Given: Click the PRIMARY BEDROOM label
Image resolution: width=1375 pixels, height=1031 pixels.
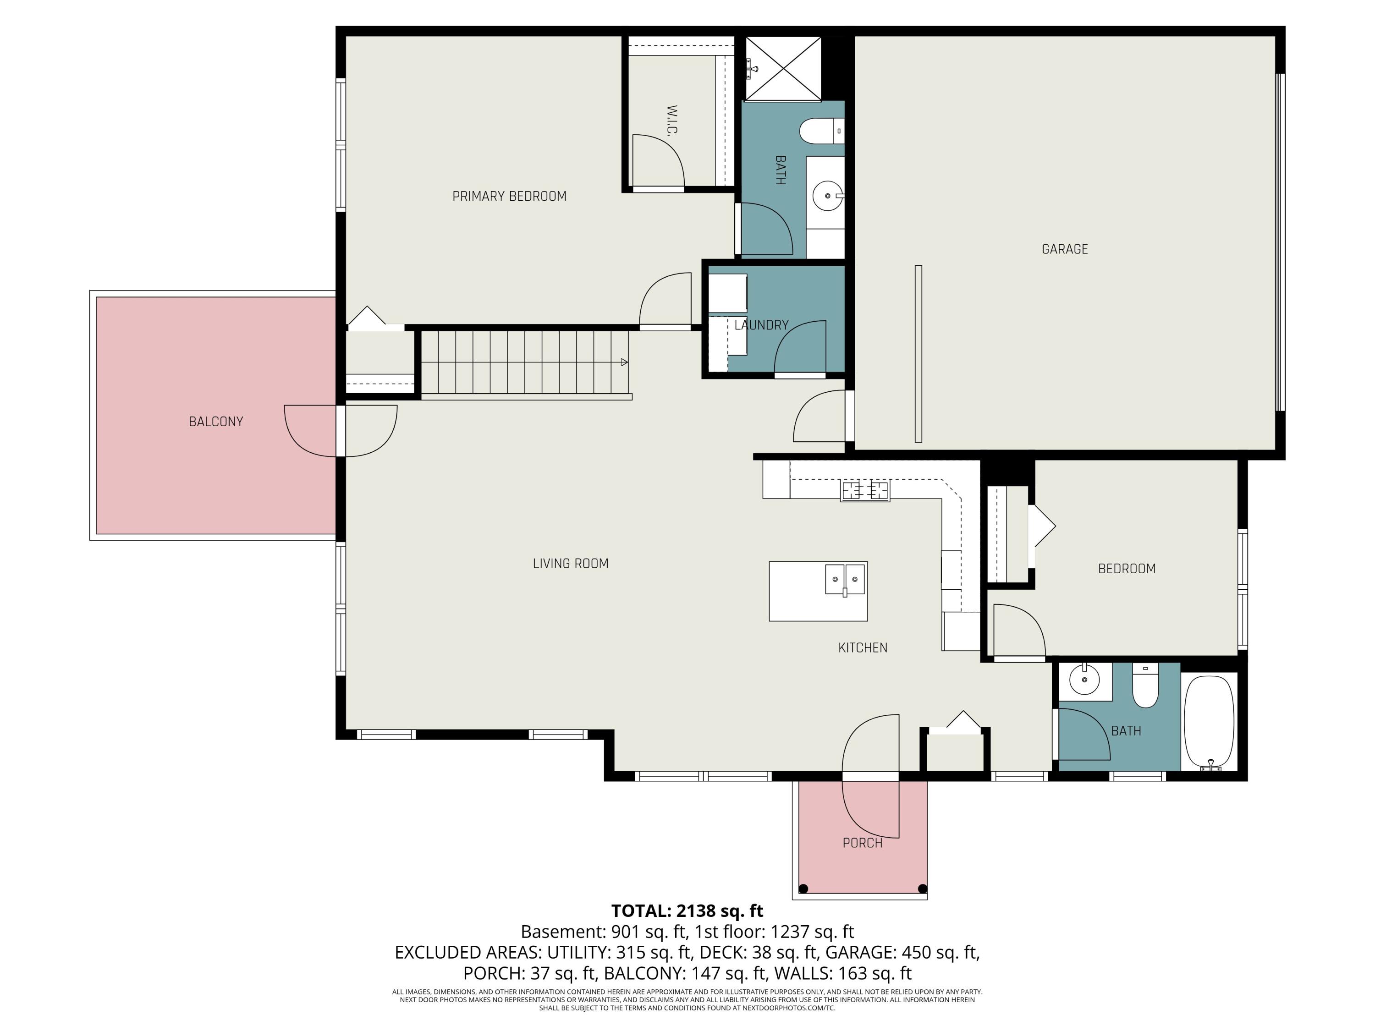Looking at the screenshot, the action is (x=509, y=197).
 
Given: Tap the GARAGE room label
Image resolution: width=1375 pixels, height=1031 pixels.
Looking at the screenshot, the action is (x=1065, y=249).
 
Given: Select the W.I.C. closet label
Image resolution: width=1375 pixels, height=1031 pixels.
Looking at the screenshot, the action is (x=671, y=120).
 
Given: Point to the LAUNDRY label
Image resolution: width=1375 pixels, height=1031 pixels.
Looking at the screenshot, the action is (x=761, y=325).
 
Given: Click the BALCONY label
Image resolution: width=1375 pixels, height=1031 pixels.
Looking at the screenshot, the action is (x=216, y=422).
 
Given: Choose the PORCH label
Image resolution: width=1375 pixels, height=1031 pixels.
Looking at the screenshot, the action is (x=862, y=843).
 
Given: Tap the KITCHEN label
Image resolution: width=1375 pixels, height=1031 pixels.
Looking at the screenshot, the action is (x=863, y=647).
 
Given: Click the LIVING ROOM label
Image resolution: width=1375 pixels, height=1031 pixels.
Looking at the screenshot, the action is (x=571, y=564).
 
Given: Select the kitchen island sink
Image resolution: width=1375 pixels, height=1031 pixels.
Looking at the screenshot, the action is (x=845, y=580).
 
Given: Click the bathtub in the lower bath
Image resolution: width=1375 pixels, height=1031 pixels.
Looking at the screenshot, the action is (x=1209, y=723).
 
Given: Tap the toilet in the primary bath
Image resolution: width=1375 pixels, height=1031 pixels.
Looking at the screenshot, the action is (x=822, y=131).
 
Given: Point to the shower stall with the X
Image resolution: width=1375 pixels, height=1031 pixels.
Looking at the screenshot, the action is (x=783, y=68).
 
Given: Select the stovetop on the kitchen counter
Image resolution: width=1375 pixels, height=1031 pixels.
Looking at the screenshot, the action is (x=865, y=490).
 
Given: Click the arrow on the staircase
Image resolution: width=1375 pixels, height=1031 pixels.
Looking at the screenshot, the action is (x=625, y=362).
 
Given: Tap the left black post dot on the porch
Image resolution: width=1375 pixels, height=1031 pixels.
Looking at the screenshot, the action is (x=803, y=888).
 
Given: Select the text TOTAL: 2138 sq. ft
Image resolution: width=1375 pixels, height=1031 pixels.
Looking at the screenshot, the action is (x=687, y=911).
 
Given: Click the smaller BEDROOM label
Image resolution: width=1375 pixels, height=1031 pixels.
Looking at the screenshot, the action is (x=1127, y=569).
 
